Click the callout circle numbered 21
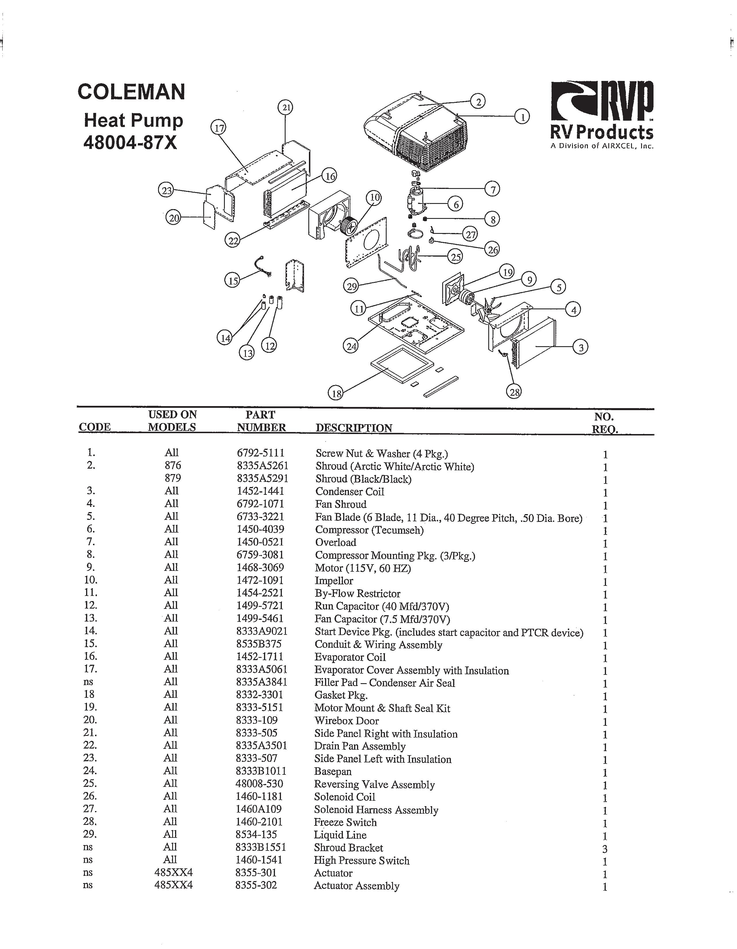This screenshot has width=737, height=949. point(285,107)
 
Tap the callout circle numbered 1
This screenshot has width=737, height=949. point(522,116)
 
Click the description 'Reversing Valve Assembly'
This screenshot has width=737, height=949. point(374,784)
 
